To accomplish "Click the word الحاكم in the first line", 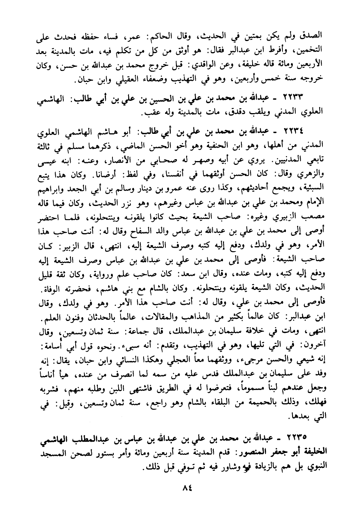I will click(x=182, y=37).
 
